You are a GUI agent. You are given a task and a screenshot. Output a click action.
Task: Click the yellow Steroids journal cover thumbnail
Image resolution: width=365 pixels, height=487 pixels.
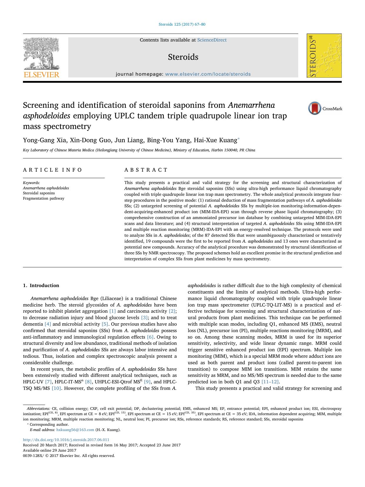click(324, 56)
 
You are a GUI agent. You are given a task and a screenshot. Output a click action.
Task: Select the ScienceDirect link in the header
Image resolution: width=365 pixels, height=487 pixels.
click(212, 40)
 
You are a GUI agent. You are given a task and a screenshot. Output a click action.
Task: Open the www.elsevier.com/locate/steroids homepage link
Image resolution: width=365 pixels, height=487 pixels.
click(208, 74)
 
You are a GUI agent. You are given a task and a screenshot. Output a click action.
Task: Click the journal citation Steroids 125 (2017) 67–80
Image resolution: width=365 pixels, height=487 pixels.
click(182, 24)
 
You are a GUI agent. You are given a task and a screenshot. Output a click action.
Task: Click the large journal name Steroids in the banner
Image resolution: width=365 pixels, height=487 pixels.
click(183, 57)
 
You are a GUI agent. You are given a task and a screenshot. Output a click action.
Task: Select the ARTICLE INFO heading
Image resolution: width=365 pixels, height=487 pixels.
click(53, 170)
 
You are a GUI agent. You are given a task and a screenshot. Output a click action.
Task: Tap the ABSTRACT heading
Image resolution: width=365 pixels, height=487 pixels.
click(146, 170)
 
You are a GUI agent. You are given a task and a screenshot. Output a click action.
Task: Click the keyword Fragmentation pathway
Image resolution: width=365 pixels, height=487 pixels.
click(44, 198)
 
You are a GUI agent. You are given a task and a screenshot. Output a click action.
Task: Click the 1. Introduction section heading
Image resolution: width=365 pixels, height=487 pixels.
click(41, 285)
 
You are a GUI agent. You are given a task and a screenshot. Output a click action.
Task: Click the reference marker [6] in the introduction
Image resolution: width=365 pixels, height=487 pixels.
click(150, 337)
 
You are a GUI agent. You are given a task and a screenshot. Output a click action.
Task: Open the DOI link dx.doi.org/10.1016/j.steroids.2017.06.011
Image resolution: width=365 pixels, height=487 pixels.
click(66, 440)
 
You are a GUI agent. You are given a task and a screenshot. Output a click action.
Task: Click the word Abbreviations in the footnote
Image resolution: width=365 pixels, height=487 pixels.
click(38, 409)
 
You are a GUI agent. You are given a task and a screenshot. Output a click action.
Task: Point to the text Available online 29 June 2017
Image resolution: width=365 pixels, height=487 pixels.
click(49, 450)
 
